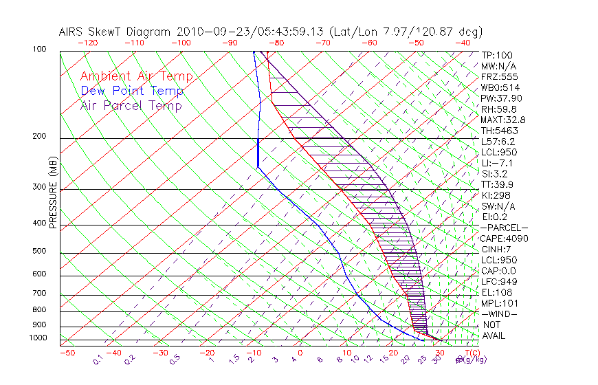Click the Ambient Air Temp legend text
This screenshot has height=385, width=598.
pos(136,76)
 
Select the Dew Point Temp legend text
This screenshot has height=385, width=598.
pos(132,91)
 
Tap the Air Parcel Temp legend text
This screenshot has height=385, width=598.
pos(131,105)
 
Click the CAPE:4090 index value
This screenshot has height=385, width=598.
pos(502,239)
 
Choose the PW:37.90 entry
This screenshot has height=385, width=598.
pos(498,98)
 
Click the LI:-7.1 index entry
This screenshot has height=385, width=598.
pos(496,163)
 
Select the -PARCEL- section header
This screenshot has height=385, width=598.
pos(504,228)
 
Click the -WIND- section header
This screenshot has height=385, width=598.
pos(500,313)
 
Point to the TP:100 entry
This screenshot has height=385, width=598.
pos(497,55)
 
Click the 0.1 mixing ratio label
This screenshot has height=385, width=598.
pos(98,360)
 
